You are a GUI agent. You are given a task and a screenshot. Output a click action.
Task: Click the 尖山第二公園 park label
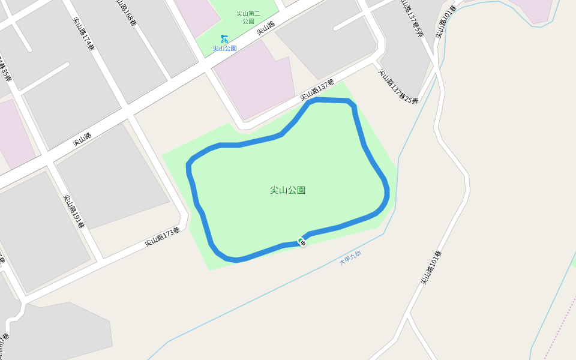248,17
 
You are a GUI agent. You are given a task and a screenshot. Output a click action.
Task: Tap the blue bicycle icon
224,39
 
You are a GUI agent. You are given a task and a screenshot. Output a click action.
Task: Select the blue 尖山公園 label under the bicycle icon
224,48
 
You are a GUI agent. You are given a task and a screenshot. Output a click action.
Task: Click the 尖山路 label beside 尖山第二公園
266,28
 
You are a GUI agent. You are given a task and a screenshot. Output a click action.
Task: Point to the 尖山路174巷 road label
83,34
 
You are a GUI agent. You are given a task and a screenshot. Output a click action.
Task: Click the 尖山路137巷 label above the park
317,91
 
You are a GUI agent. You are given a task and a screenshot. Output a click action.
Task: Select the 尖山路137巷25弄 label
397,86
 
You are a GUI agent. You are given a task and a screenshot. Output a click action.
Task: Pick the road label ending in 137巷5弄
413,18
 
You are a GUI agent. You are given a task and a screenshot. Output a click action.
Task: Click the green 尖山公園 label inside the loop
287,190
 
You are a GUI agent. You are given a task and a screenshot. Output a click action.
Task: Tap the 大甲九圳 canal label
350,257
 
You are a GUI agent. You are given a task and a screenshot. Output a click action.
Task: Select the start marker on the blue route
302,242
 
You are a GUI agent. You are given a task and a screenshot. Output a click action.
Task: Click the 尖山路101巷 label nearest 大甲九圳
430,268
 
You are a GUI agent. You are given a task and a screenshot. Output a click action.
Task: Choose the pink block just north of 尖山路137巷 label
255,81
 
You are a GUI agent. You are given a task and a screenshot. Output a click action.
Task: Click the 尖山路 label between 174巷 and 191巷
82,140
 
